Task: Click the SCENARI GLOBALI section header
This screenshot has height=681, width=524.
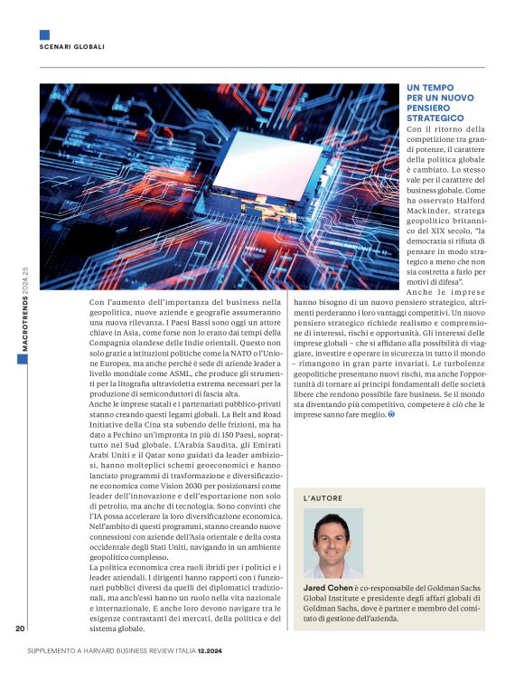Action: [x=72, y=46]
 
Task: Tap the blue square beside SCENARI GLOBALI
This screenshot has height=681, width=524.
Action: [x=44, y=35]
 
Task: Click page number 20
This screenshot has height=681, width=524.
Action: [x=20, y=629]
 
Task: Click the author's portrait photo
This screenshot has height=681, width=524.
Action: [x=332, y=543]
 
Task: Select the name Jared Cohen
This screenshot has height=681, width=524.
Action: [x=328, y=587]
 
